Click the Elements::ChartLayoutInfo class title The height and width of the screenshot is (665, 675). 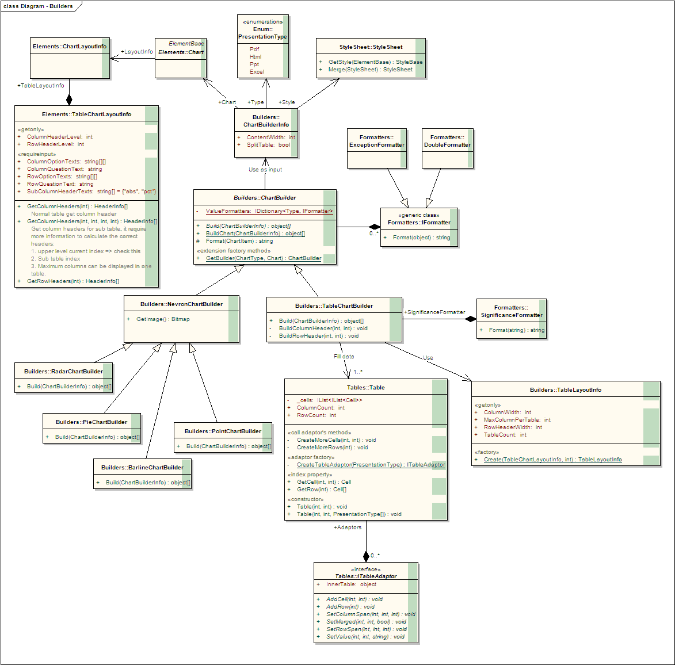pyautogui.click(x=69, y=47)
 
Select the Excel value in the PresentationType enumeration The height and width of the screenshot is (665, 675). pyautogui.click(x=257, y=72)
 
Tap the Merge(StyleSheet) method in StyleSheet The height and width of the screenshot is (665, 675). pyautogui.click(x=370, y=70)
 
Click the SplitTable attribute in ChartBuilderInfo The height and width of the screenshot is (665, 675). pyautogui.click(x=268, y=145)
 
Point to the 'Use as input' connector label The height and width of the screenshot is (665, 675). pyautogui.click(x=265, y=170)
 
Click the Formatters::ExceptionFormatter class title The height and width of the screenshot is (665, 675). pyautogui.click(x=377, y=141)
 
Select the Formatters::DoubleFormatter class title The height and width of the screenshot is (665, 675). pyautogui.click(x=447, y=141)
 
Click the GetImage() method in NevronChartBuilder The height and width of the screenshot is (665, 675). pyautogui.click(x=163, y=319)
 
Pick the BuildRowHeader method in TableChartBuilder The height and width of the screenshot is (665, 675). pyautogui.click(x=318, y=336)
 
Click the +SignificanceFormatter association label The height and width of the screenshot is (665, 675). pyautogui.click(x=434, y=312)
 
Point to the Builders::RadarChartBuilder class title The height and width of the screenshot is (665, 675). pyautogui.click(x=63, y=372)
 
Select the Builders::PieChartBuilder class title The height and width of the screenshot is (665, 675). pyautogui.click(x=91, y=422)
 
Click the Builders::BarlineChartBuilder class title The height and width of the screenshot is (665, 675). pyautogui.click(x=142, y=468)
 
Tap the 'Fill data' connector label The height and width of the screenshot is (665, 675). pyautogui.click(x=344, y=357)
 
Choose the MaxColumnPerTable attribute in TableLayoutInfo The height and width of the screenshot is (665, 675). pyautogui.click(x=517, y=420)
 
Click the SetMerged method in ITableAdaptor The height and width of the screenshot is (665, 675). pyautogui.click(x=366, y=622)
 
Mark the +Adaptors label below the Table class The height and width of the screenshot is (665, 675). pyautogui.click(x=348, y=528)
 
